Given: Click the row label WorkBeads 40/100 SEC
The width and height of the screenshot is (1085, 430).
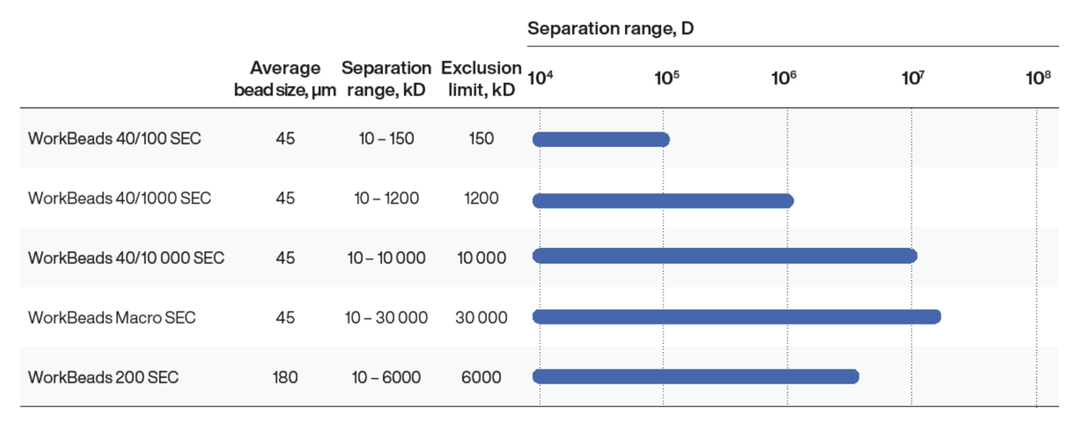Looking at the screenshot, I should (115, 138).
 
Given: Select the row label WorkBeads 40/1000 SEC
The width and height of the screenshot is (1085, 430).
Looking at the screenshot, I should (119, 198).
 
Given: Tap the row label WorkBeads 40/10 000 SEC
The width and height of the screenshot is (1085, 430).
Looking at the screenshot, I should (126, 257).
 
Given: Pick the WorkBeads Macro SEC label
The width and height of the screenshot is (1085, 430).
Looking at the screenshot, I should (112, 317).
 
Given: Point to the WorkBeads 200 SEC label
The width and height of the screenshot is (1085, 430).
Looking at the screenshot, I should (103, 377).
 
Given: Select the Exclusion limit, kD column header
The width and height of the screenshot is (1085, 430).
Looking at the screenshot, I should (481, 79).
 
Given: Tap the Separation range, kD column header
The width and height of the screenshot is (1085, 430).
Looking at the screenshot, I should (386, 79).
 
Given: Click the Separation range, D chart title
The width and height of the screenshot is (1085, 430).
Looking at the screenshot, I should (610, 28).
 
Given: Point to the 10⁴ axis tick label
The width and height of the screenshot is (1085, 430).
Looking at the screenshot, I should (540, 79).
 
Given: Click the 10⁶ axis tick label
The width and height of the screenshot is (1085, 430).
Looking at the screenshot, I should (784, 79).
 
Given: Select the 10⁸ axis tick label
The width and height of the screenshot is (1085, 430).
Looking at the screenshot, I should (1038, 79).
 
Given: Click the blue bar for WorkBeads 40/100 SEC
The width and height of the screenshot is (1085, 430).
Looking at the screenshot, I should (600, 139).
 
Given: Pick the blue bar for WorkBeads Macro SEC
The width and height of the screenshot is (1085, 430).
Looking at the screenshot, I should (736, 316).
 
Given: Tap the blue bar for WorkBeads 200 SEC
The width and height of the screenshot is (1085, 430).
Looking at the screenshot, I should (695, 376).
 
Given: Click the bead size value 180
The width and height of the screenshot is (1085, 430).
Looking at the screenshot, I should (285, 377).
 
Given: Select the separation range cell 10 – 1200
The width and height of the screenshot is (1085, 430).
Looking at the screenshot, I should (386, 198).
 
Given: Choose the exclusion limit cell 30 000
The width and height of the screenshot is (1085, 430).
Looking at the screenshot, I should (481, 317).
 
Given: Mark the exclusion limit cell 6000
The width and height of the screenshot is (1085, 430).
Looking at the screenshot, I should (481, 377).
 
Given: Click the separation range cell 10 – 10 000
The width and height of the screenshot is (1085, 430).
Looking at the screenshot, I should (386, 257).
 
